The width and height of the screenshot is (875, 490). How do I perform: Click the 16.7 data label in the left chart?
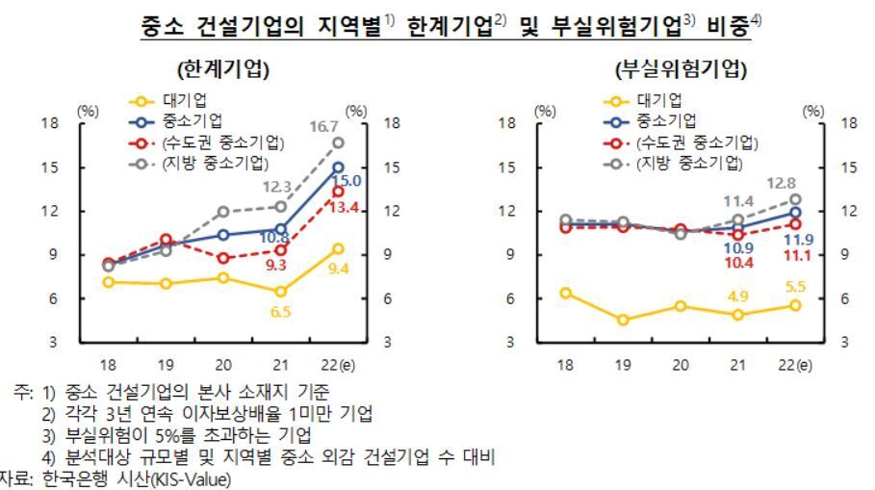[x=322, y=126]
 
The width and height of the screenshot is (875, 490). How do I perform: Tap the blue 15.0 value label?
[x=346, y=181]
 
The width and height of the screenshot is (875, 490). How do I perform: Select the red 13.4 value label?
[x=346, y=207]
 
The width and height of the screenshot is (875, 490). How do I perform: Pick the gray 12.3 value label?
[x=279, y=187]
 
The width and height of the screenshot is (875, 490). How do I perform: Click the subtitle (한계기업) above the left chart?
[x=222, y=70]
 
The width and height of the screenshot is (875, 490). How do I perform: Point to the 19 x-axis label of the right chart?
[x=624, y=365]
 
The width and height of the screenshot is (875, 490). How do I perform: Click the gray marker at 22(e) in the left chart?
[x=338, y=142]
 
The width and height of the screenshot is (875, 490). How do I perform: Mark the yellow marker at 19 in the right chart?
[x=624, y=320]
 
